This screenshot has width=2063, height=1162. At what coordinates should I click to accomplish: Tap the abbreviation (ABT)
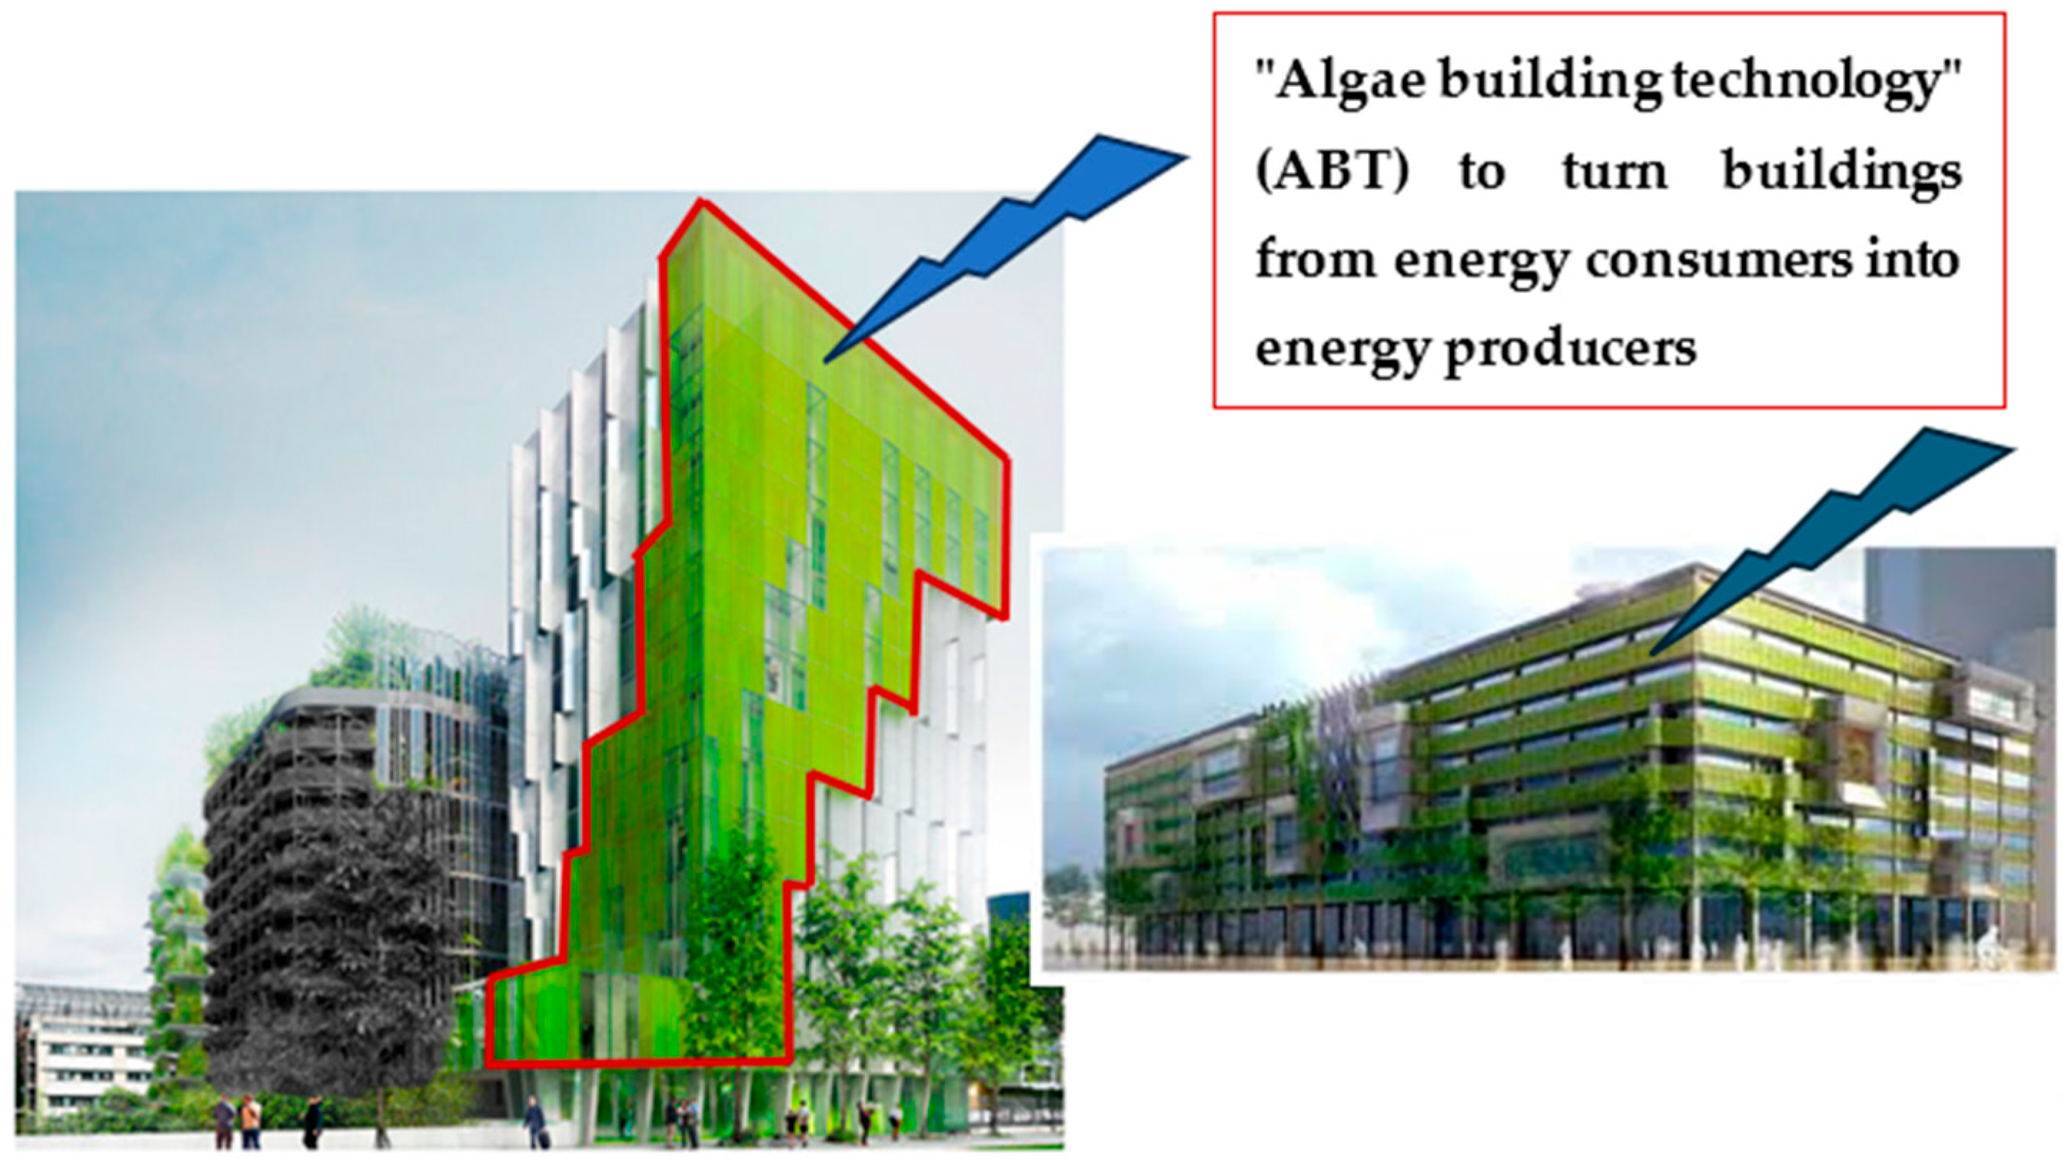(1332, 172)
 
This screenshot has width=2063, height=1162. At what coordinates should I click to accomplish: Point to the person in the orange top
(251, 1118)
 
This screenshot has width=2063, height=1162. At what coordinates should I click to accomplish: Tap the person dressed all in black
(312, 1121)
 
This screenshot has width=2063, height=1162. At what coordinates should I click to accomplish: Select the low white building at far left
(84, 1049)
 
